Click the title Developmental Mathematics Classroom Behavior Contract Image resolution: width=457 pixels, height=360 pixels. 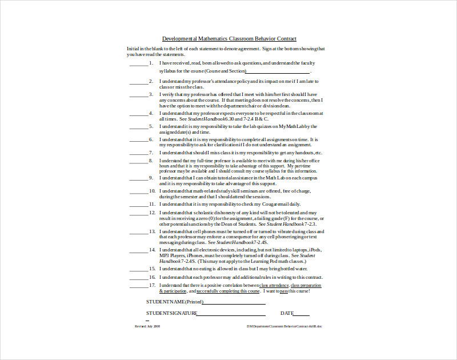tap(229, 39)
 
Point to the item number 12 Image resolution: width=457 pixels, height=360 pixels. tap(152, 212)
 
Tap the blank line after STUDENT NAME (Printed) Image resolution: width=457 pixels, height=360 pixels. tap(234, 303)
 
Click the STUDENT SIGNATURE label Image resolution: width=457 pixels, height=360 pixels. tap(171, 313)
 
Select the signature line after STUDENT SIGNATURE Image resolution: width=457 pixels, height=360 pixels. tap(231, 315)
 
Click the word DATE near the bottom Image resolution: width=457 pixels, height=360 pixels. tap(287, 313)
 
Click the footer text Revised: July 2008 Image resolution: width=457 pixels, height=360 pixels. tap(147, 326)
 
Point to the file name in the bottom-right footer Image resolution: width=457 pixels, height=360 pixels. tap(284, 326)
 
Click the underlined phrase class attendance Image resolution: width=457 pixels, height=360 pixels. tap(274, 285)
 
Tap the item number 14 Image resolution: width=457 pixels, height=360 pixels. tap(152, 250)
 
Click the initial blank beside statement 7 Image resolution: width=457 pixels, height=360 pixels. tap(138, 153)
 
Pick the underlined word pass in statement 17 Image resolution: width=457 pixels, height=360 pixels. tap(284, 291)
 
